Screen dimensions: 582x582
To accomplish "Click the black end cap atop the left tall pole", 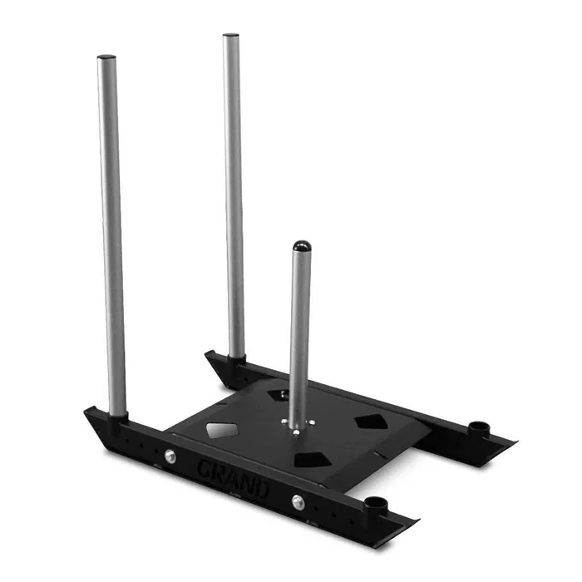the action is pyautogui.click(x=106, y=57).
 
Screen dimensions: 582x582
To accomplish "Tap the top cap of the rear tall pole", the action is pyautogui.click(x=230, y=35).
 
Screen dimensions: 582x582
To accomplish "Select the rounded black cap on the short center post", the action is pyautogui.click(x=302, y=246).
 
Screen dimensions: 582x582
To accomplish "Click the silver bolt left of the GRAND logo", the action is pyautogui.click(x=170, y=456).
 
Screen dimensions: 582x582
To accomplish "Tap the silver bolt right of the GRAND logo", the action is pyautogui.click(x=298, y=502).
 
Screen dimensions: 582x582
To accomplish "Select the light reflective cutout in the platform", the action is pyautogui.click(x=222, y=430).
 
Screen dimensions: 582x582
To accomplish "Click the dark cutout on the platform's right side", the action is pyautogui.click(x=371, y=422).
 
